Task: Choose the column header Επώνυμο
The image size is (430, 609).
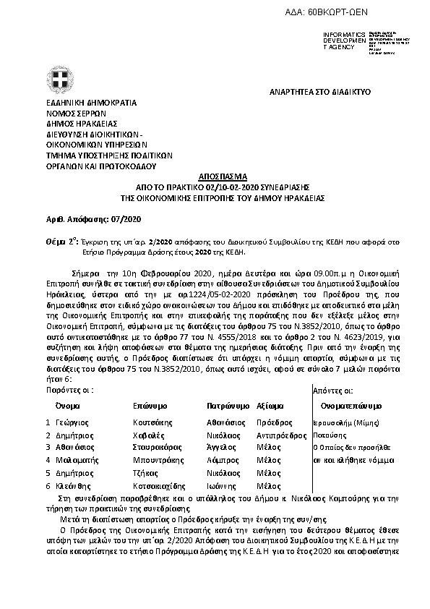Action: point(150,405)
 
